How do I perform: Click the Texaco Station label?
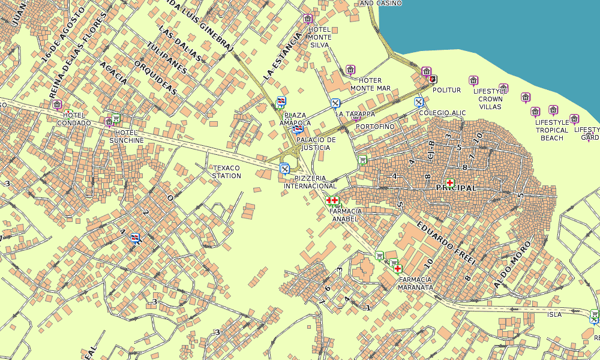226,172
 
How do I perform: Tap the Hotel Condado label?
74,119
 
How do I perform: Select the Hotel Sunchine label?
127,136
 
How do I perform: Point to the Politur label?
446,90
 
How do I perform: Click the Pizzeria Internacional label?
310,182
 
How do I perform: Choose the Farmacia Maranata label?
415,283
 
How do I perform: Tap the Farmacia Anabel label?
346,215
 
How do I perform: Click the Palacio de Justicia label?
316,143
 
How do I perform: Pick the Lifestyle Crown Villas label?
490,99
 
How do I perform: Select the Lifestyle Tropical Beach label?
552,130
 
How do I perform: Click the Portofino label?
375,127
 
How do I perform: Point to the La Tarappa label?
355,113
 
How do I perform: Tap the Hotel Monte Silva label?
319,37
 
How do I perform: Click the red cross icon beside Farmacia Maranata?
397,268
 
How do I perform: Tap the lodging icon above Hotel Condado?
57,105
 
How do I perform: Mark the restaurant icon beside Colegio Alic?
419,101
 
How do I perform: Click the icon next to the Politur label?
433,79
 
